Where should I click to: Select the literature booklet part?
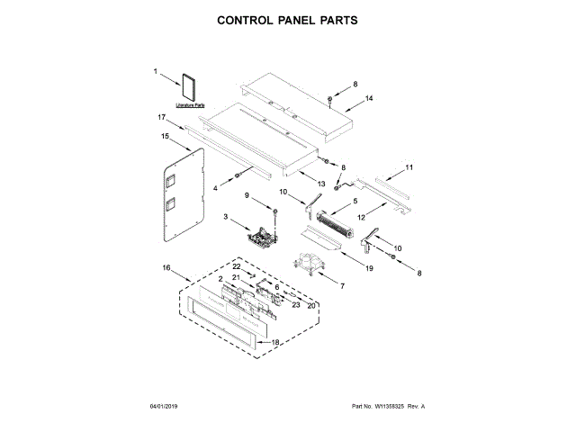point(191,87)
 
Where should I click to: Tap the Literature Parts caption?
point(191,106)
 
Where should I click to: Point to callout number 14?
point(369,98)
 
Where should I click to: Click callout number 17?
point(161,118)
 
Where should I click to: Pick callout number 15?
point(165,137)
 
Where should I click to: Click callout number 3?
point(226,217)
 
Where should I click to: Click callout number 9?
point(247,195)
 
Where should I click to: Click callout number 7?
point(341,285)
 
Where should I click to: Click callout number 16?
point(166,268)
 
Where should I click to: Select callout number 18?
point(276,342)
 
